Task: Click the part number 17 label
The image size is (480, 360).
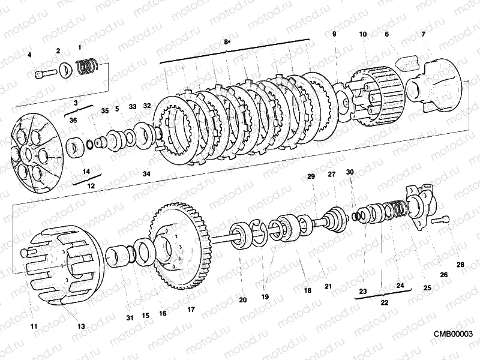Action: click(191, 310)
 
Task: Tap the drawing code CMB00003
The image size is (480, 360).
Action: click(453, 334)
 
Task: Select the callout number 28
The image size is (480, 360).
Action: click(460, 265)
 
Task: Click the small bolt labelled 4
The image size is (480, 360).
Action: click(46, 74)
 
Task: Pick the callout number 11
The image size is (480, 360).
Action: click(34, 326)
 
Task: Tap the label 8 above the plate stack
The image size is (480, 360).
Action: click(227, 41)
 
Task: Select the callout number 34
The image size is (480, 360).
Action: click(146, 174)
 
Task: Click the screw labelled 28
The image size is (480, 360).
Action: click(441, 220)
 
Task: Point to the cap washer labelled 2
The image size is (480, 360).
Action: click(66, 70)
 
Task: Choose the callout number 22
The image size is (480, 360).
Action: click(385, 302)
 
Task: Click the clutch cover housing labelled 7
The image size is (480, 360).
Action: click(434, 84)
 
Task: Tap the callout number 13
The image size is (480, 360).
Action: click(81, 326)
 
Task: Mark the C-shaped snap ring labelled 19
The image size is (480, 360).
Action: click(259, 233)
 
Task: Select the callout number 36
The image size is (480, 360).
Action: click(73, 121)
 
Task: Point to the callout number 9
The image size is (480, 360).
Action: click(334, 34)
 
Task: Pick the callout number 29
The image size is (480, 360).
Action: click(311, 176)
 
